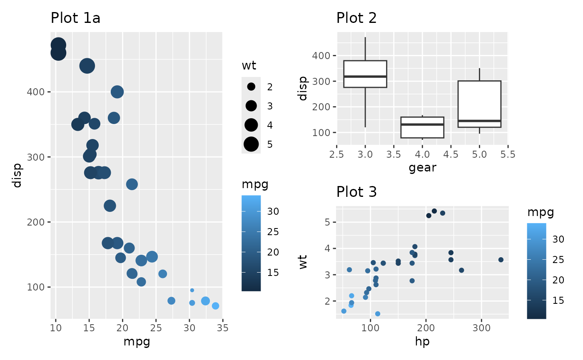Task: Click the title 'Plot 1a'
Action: point(75,18)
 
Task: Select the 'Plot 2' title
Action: point(356,18)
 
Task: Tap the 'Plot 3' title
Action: point(356,192)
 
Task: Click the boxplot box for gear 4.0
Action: point(422,127)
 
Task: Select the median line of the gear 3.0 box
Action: point(365,77)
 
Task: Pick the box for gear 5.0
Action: point(479,104)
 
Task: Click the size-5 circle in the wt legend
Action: point(251,144)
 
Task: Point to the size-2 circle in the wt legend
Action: point(251,87)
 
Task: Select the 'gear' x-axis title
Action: point(422,168)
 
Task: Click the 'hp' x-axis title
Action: point(422,342)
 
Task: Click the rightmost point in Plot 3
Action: point(501,260)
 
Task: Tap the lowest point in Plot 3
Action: point(378,314)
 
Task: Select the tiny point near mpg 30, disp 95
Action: point(192,290)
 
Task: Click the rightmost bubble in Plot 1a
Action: point(215,306)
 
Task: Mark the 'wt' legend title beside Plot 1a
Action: point(249,66)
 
